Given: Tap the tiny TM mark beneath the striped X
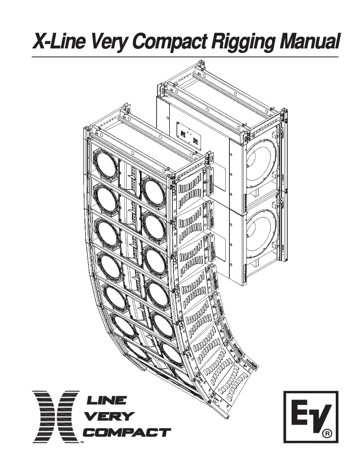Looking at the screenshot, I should (x=81, y=443).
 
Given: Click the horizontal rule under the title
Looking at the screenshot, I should (x=184, y=57).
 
